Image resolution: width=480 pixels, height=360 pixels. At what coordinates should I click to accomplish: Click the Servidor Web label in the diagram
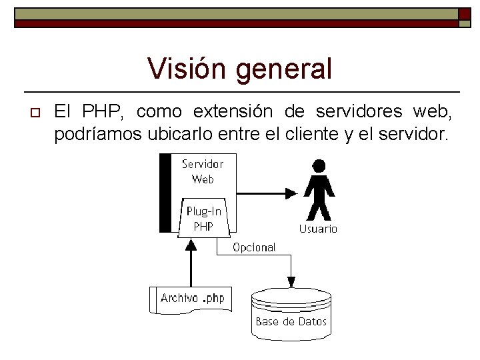(x=203, y=171)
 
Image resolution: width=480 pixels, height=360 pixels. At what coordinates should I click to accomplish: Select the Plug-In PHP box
(x=203, y=218)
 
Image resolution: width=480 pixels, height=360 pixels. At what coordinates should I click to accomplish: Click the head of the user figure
(x=319, y=165)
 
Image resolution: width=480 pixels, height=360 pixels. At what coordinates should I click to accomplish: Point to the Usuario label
(x=318, y=229)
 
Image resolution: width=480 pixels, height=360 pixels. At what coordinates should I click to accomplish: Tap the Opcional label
(x=254, y=247)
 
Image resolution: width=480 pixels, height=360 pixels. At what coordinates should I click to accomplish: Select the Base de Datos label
(x=291, y=321)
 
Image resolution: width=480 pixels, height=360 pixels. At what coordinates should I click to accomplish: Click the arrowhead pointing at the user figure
(x=291, y=193)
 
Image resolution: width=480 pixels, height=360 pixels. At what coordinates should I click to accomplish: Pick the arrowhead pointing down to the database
(x=291, y=281)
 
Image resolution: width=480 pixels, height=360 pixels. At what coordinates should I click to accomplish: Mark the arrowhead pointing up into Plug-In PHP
(x=191, y=244)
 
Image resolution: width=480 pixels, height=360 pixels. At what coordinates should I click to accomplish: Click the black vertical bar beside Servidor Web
(x=165, y=192)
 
